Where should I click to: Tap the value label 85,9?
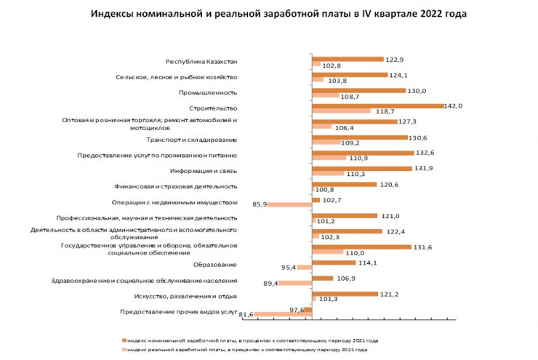[x=257, y=205]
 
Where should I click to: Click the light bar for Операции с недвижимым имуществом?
[x=289, y=204]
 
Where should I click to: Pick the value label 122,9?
[x=396, y=59]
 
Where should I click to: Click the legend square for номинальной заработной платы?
[x=125, y=340]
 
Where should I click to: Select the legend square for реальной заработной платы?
[x=125, y=350]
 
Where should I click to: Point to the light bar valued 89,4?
[x=294, y=283]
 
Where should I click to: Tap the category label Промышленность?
[x=208, y=93]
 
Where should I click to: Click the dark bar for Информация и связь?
[x=360, y=168]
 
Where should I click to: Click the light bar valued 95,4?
[x=304, y=268]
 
